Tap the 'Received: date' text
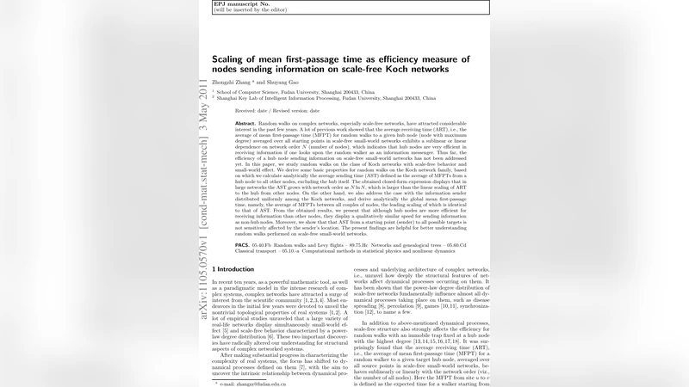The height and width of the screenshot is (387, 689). click(x=251, y=111)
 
